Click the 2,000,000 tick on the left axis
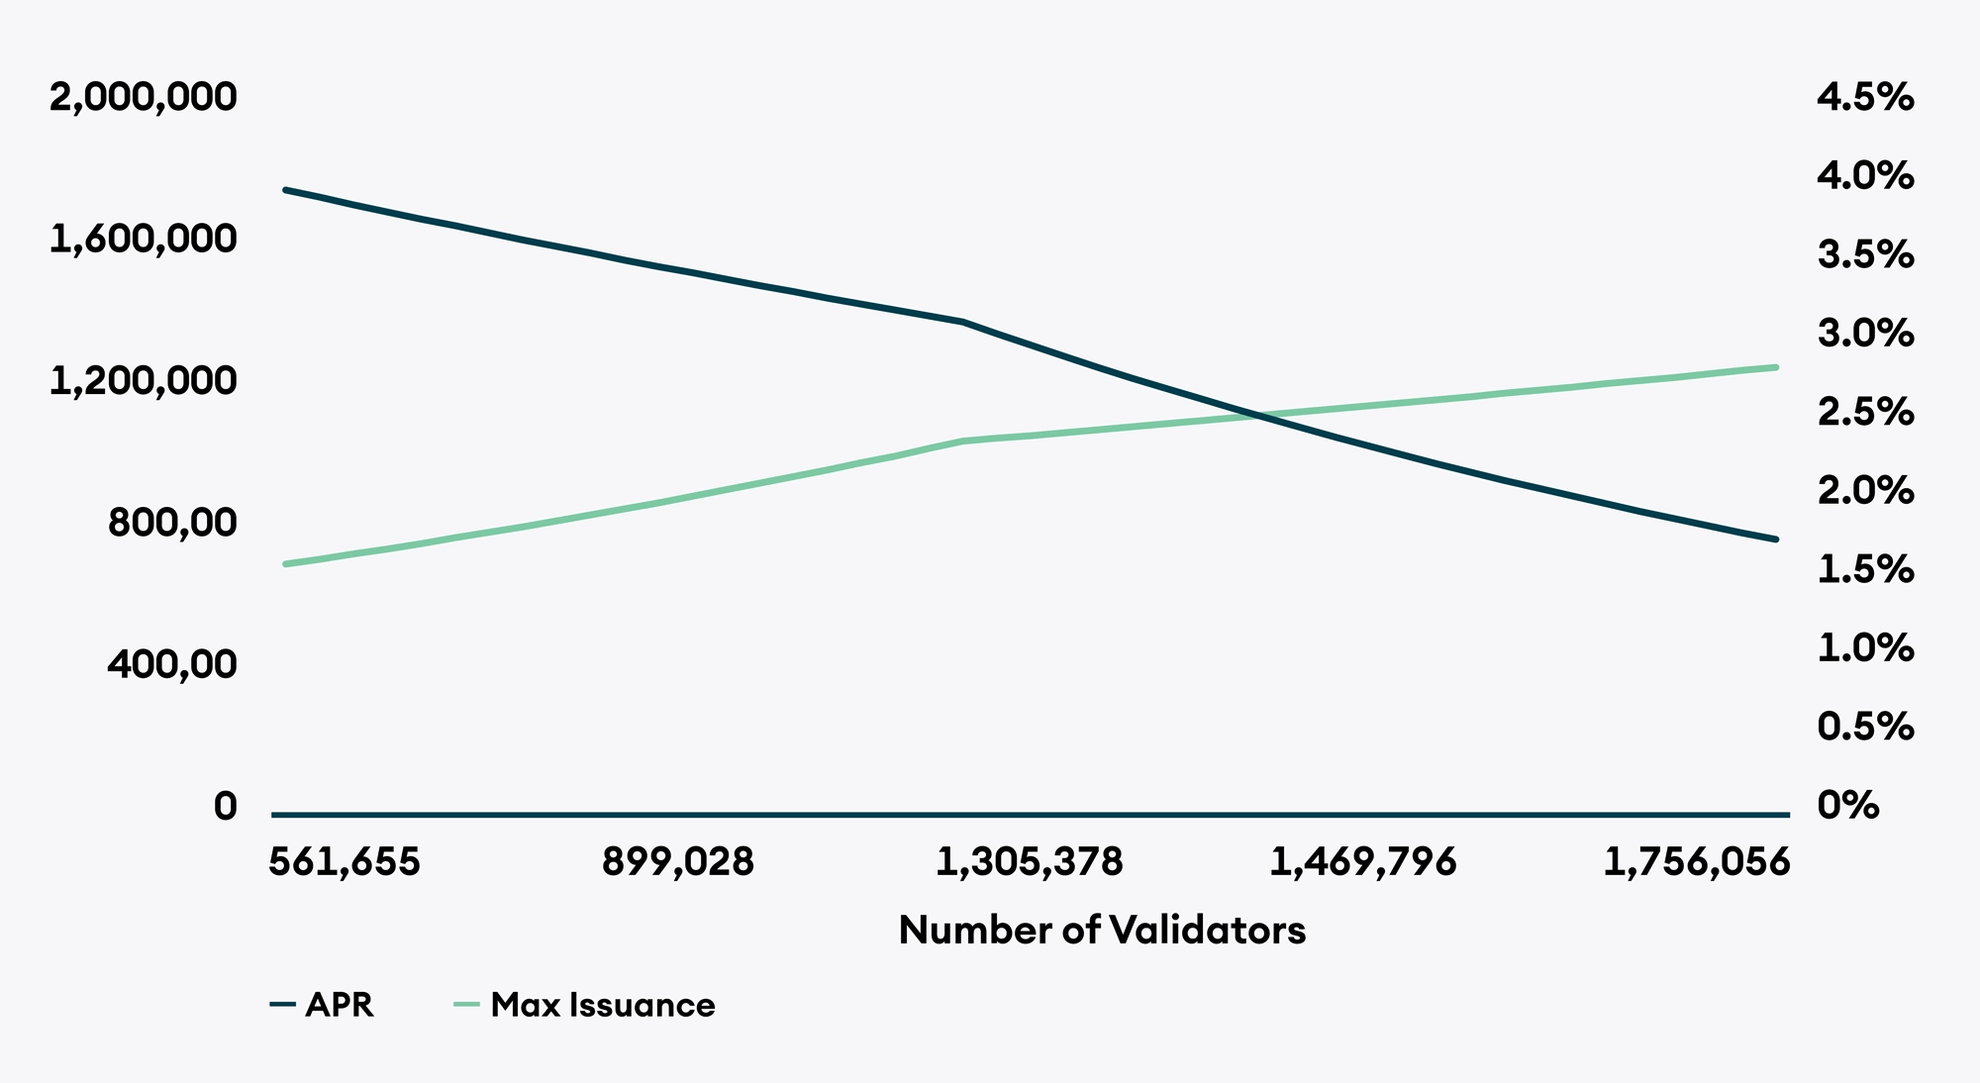(144, 97)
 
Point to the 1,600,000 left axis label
(144, 239)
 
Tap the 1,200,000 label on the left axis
(144, 380)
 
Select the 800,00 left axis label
(172, 522)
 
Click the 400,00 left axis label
(172, 663)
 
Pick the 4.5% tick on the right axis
(1865, 97)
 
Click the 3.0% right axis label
(1865, 334)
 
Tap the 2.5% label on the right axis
(1865, 412)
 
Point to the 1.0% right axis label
(1865, 648)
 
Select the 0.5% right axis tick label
(1865, 727)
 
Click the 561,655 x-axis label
(345, 862)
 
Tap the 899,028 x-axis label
(678, 862)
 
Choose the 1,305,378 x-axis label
(1030, 862)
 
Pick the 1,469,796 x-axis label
(1363, 862)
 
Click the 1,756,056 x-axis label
(1697, 862)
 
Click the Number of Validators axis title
(1102, 931)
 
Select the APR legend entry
(323, 1005)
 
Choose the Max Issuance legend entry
(586, 1005)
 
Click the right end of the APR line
(1777, 540)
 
